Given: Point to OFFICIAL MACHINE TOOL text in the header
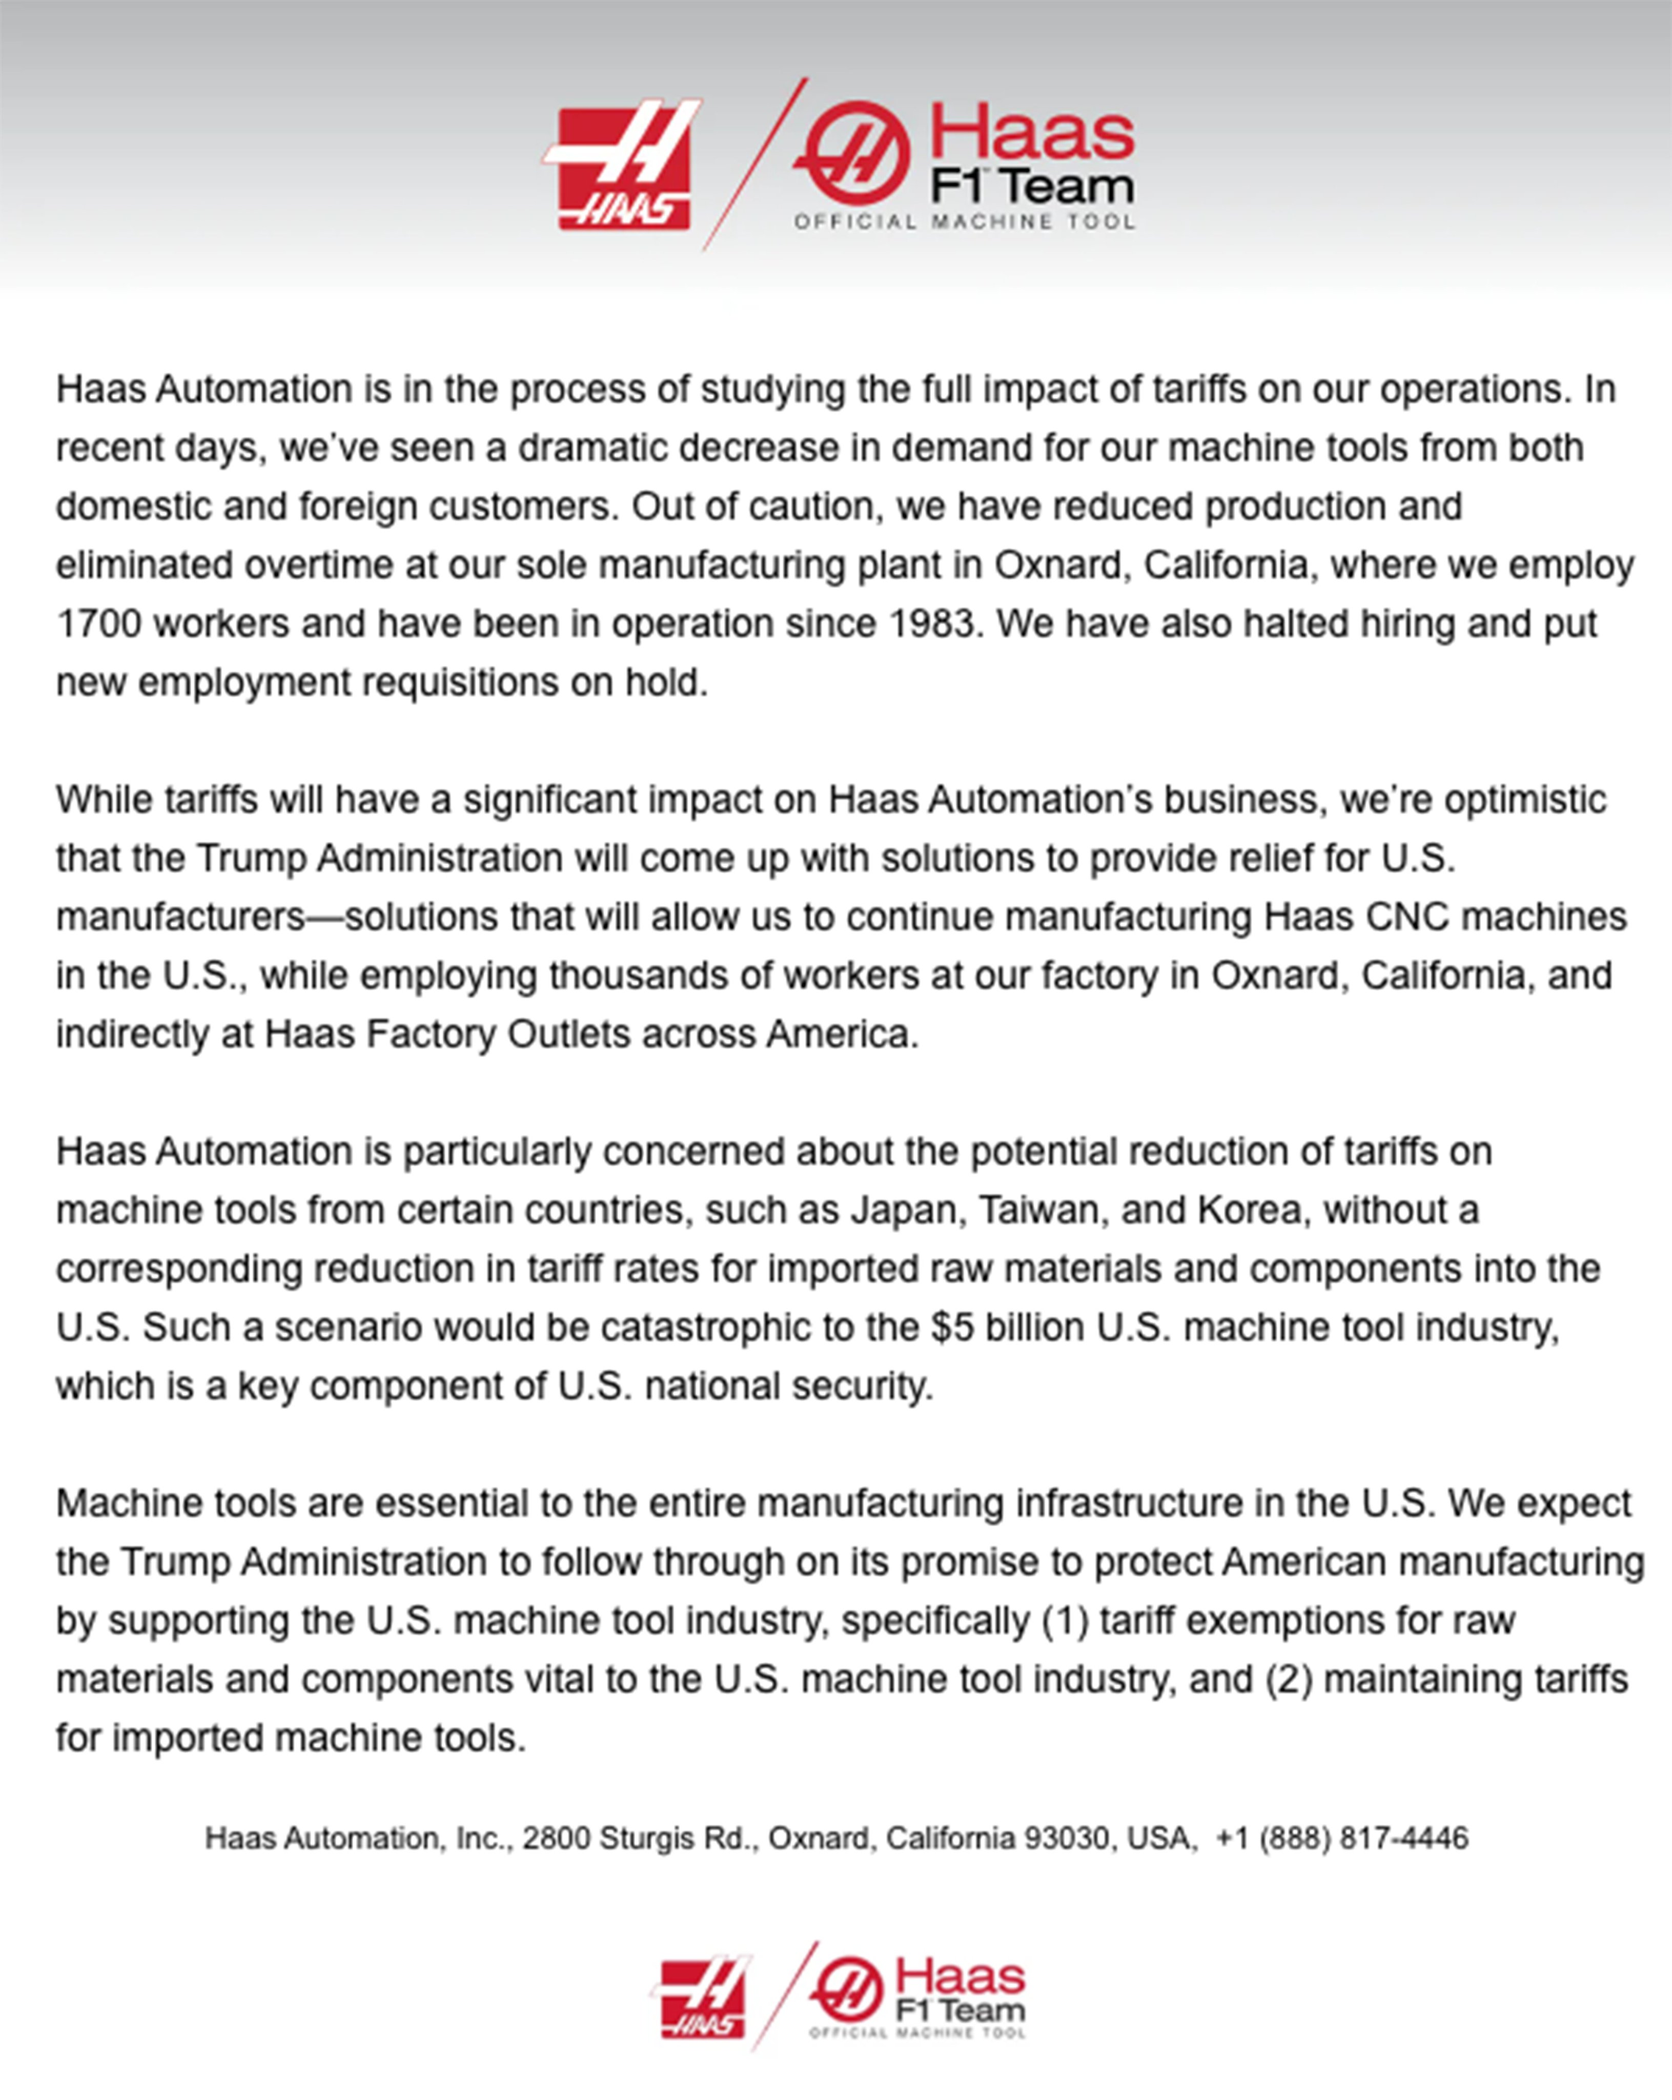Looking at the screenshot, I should click(964, 222).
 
